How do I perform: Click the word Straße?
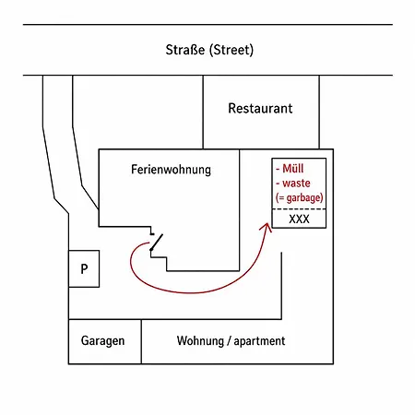coord(185,50)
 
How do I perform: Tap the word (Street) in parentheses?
coord(231,50)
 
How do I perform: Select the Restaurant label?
coord(260,108)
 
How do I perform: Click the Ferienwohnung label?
coord(171,170)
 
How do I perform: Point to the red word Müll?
coord(293,169)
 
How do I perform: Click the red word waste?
coord(296,184)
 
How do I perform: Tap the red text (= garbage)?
coord(300,197)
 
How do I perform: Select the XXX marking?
coord(299,219)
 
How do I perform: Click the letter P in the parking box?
coord(84,269)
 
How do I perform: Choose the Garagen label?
coord(102,341)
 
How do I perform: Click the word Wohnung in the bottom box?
coord(200,341)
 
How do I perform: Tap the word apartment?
coord(259,341)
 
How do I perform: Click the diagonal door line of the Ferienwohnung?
coord(157,243)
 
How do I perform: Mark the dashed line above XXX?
coord(299,209)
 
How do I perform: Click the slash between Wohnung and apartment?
coord(229,341)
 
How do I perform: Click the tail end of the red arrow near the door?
coord(149,243)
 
